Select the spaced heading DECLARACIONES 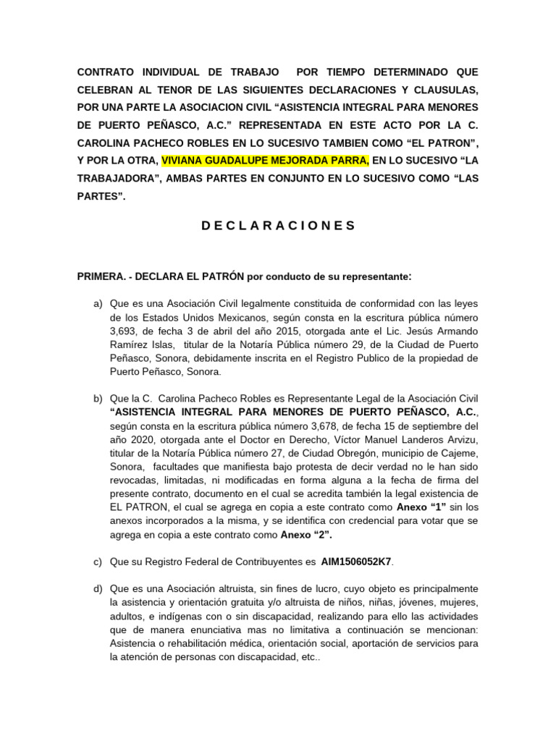pyautogui.click(x=278, y=225)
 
